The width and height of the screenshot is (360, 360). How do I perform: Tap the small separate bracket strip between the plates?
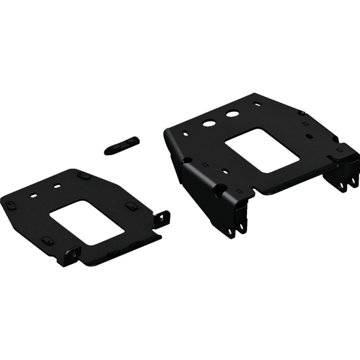click(120, 146)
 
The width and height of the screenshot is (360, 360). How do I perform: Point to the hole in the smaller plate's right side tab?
click(160, 219)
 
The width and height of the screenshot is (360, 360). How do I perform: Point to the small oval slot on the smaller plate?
click(33, 195)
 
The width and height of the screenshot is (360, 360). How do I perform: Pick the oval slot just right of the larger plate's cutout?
click(309, 135)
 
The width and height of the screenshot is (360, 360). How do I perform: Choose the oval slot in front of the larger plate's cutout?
click(225, 170)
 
